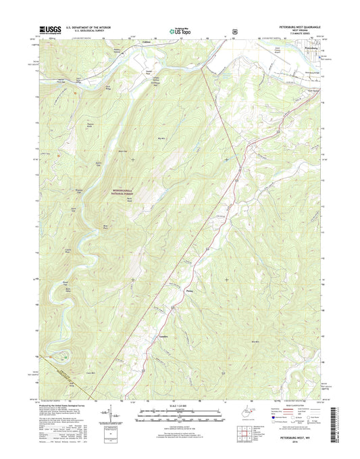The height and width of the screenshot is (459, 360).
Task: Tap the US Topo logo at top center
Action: pyautogui.click(x=180, y=30)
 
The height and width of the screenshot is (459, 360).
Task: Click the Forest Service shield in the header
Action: pyautogui.click(x=215, y=30)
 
